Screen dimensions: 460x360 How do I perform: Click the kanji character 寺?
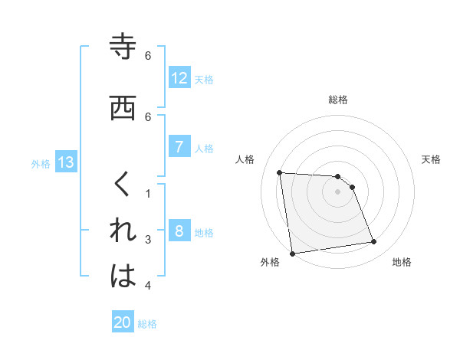[123, 47]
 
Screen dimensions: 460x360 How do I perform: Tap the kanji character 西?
[123, 108]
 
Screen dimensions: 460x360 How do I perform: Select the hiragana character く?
[123, 185]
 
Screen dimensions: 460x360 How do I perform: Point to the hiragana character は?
[123, 277]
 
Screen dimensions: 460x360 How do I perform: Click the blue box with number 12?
[179, 78]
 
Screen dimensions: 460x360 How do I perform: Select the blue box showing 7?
[179, 147]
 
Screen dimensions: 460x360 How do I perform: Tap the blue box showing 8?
[179, 231]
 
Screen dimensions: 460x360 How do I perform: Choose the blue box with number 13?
[65, 162]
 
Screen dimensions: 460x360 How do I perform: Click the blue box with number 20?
[123, 322]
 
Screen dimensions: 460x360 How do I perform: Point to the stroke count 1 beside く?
[149, 193]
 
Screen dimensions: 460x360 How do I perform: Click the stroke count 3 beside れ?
[149, 240]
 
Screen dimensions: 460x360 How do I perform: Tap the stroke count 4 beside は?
[149, 286]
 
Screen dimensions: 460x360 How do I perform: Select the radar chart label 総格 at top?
[338, 100]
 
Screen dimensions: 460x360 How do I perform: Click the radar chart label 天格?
[432, 159]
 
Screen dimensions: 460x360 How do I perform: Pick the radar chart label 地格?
[402, 262]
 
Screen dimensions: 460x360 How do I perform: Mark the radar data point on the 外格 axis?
[291, 254]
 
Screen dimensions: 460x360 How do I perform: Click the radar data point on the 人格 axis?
[280, 172]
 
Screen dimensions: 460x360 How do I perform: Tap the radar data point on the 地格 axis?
[374, 242]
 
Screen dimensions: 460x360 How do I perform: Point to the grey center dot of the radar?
[338, 191]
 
